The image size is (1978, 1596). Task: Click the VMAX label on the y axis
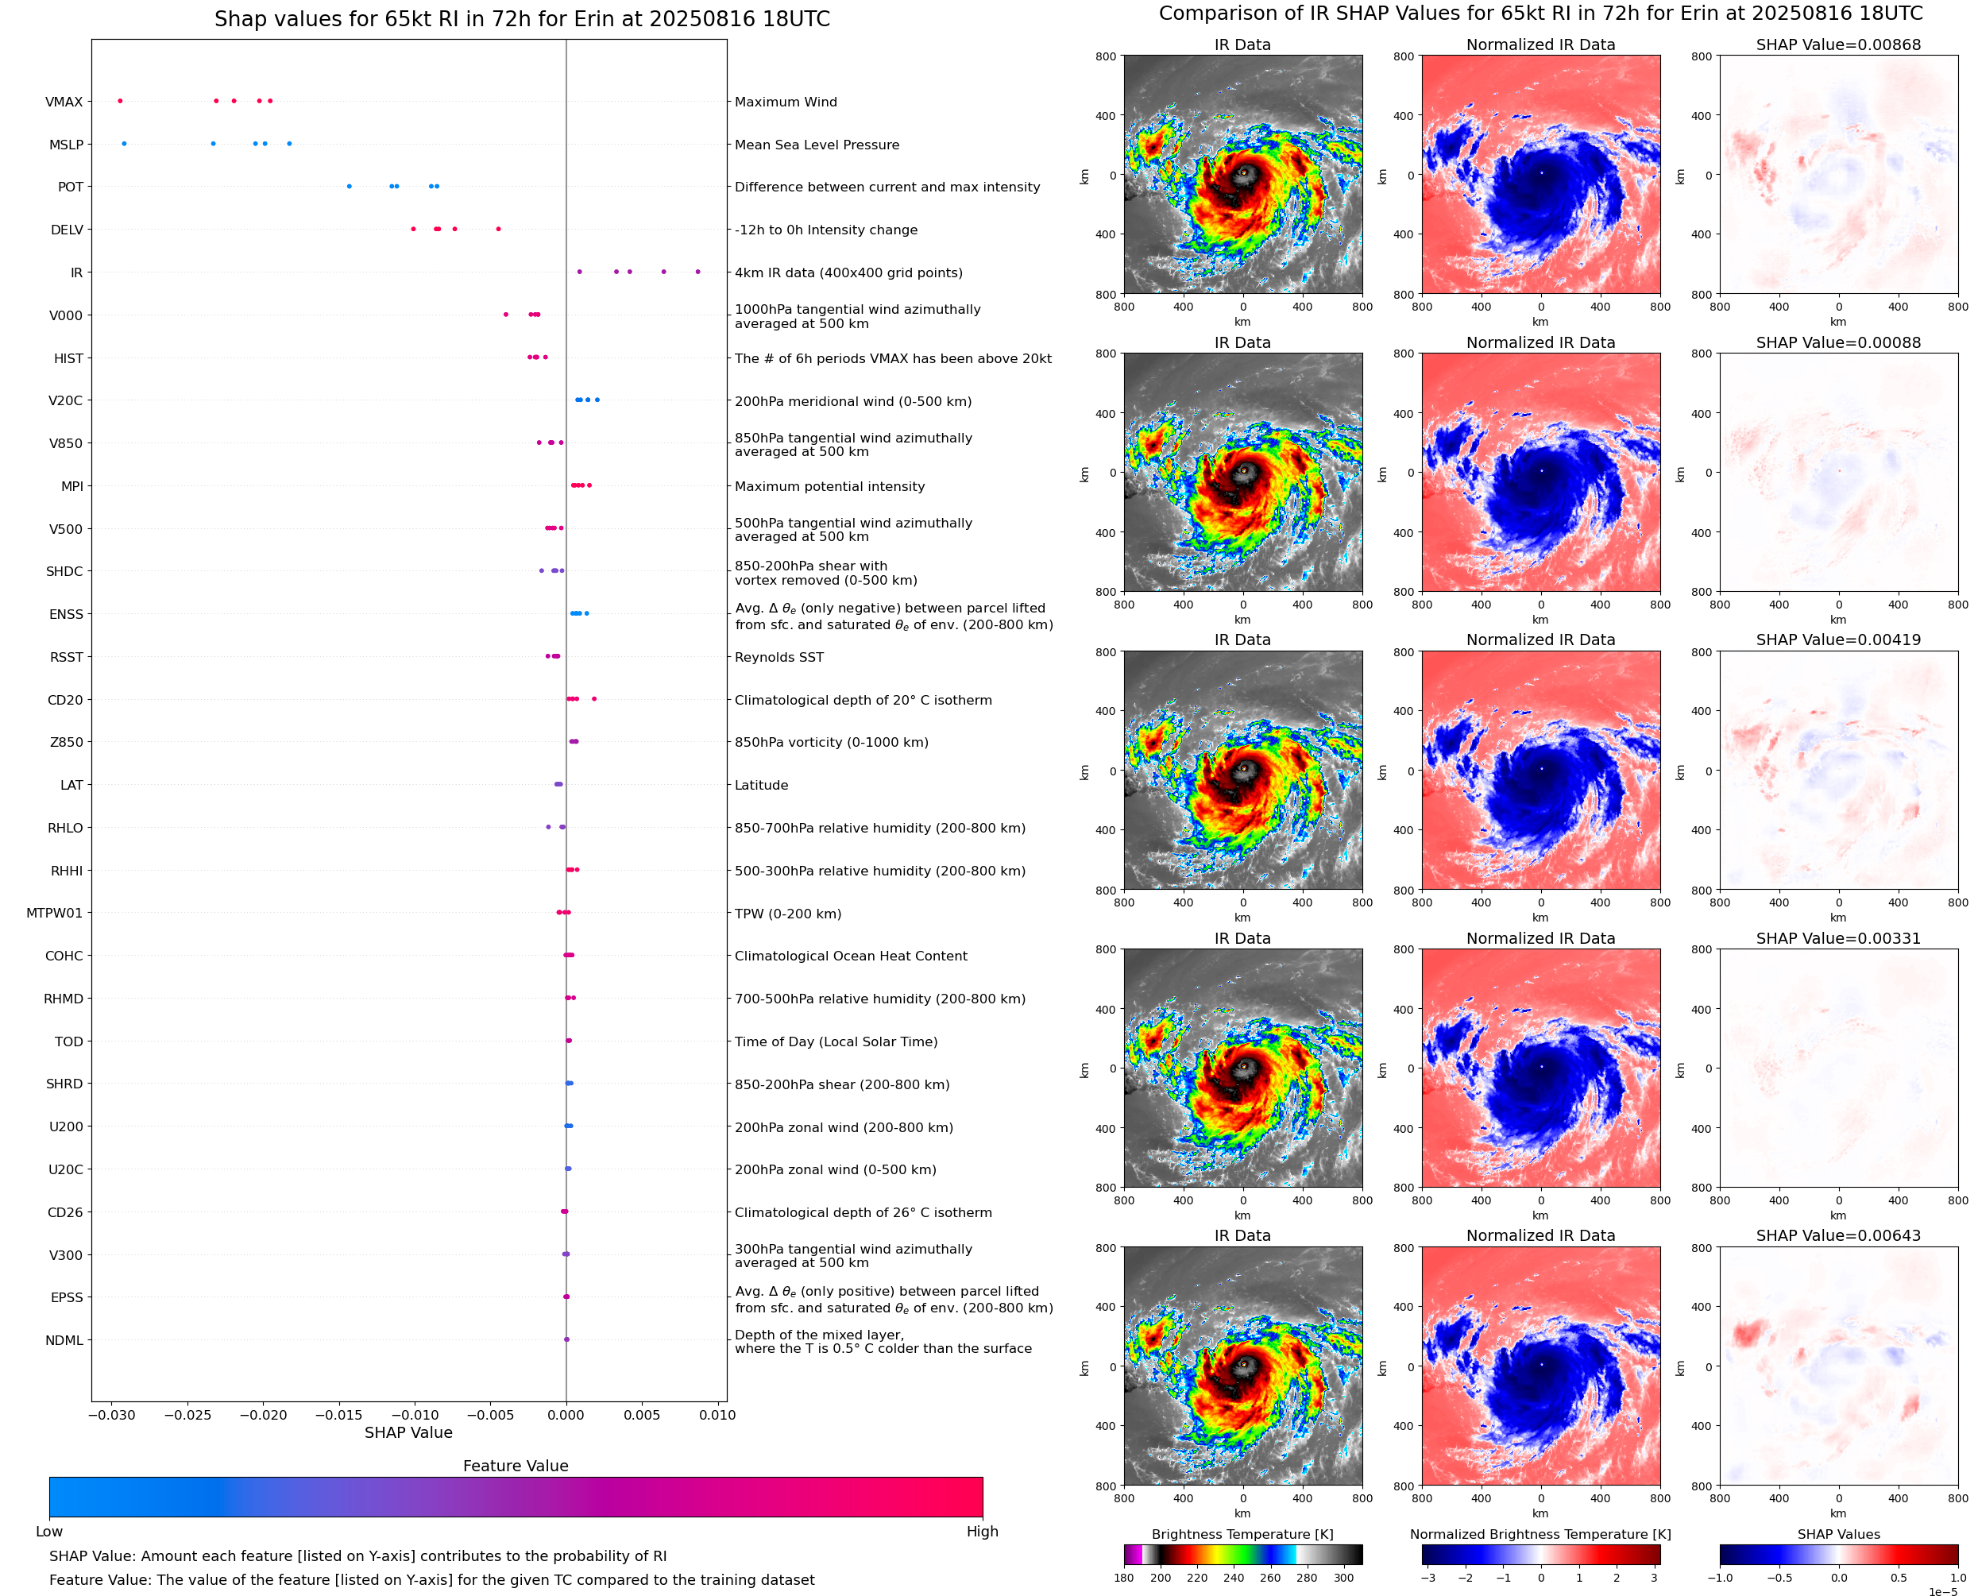(64, 102)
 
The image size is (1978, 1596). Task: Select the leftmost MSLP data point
(124, 144)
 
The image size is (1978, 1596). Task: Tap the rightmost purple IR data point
(697, 272)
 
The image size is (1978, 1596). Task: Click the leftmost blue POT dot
(350, 187)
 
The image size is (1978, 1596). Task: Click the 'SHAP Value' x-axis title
(408, 1432)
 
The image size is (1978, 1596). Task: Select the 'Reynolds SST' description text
(778, 657)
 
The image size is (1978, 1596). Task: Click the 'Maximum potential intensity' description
(829, 486)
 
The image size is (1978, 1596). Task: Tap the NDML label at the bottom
(64, 1340)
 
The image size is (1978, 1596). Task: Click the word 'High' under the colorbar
(982, 1532)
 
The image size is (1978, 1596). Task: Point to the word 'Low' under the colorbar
(48, 1532)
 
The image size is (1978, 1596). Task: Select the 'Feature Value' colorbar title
(516, 1467)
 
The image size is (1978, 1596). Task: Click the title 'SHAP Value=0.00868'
(1838, 45)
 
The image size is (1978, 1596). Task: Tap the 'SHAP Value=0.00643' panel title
(1838, 1235)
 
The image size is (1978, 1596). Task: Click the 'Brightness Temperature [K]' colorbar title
(1242, 1534)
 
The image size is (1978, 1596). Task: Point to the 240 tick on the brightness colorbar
(1234, 1578)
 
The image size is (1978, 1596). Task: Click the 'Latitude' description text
(761, 785)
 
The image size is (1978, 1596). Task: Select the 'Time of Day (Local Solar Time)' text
(836, 1041)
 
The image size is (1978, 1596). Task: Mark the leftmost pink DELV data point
(413, 229)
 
